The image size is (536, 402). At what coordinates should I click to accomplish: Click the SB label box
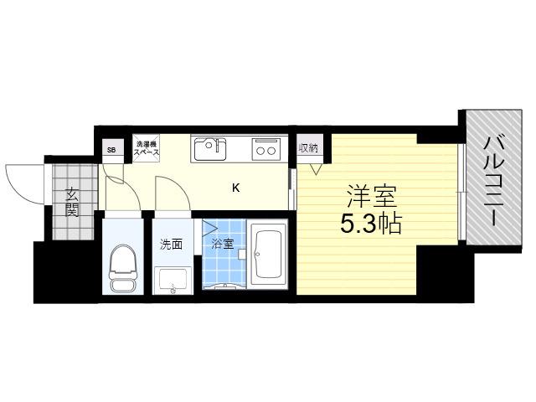[x=112, y=150]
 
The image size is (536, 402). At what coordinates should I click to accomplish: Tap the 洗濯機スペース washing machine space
[x=146, y=148]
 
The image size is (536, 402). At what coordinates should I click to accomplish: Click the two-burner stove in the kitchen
[x=266, y=149]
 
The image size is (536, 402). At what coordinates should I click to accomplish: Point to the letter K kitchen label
[x=236, y=188]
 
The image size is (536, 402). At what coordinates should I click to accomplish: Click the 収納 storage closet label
[x=309, y=148]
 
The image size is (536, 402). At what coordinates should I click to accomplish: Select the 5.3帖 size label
[x=370, y=224]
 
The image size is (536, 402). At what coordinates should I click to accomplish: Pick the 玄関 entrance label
[x=72, y=203]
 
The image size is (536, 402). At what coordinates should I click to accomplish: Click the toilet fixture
[x=123, y=267]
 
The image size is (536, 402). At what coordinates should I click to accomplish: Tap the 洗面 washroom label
[x=171, y=245]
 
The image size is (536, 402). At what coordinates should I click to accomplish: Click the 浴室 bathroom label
[x=223, y=244]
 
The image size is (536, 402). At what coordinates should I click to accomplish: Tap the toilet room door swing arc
[x=130, y=188]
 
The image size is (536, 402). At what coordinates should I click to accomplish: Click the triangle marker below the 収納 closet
[x=317, y=169]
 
